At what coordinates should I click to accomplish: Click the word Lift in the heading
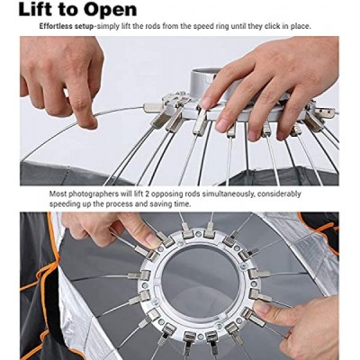click(x=36, y=10)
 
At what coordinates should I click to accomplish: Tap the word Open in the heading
click(x=110, y=11)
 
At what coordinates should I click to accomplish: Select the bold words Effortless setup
click(x=67, y=26)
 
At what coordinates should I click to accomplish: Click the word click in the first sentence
click(x=274, y=26)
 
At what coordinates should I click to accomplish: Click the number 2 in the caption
click(x=146, y=193)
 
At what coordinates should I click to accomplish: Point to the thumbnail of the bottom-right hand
click(x=261, y=308)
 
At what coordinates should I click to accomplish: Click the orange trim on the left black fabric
click(x=45, y=270)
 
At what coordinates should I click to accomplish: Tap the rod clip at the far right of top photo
click(x=325, y=112)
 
